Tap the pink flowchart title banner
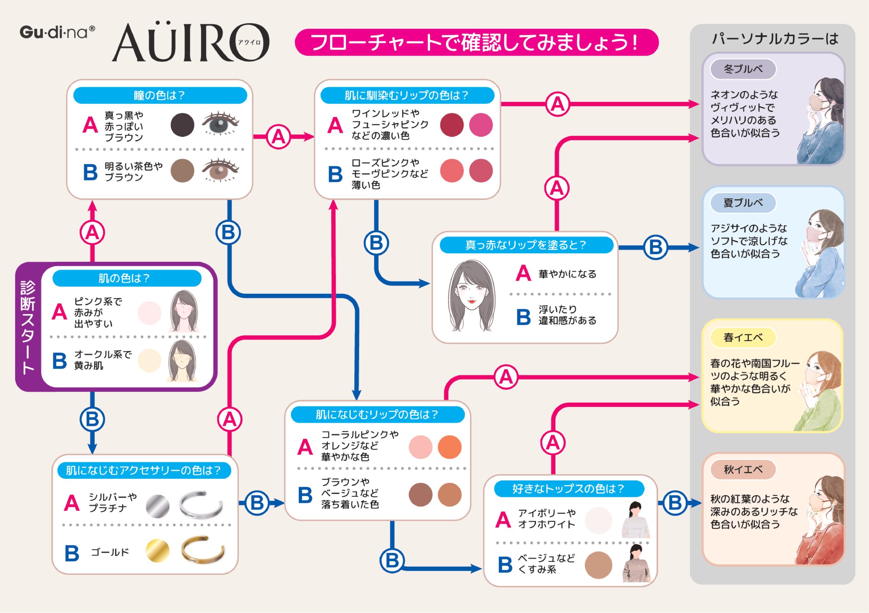(x=477, y=42)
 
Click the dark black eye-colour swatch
(x=182, y=125)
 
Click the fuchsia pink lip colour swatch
(x=481, y=125)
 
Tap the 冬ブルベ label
(x=743, y=69)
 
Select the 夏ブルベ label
(x=743, y=203)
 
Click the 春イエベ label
(x=743, y=337)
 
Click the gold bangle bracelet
(x=203, y=550)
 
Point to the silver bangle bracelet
(x=201, y=504)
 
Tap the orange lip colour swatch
(x=449, y=447)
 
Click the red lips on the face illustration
(x=471, y=301)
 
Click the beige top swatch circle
(x=598, y=565)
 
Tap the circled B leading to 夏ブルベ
(x=655, y=247)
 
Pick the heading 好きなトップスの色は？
(x=569, y=489)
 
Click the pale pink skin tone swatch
(x=149, y=313)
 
